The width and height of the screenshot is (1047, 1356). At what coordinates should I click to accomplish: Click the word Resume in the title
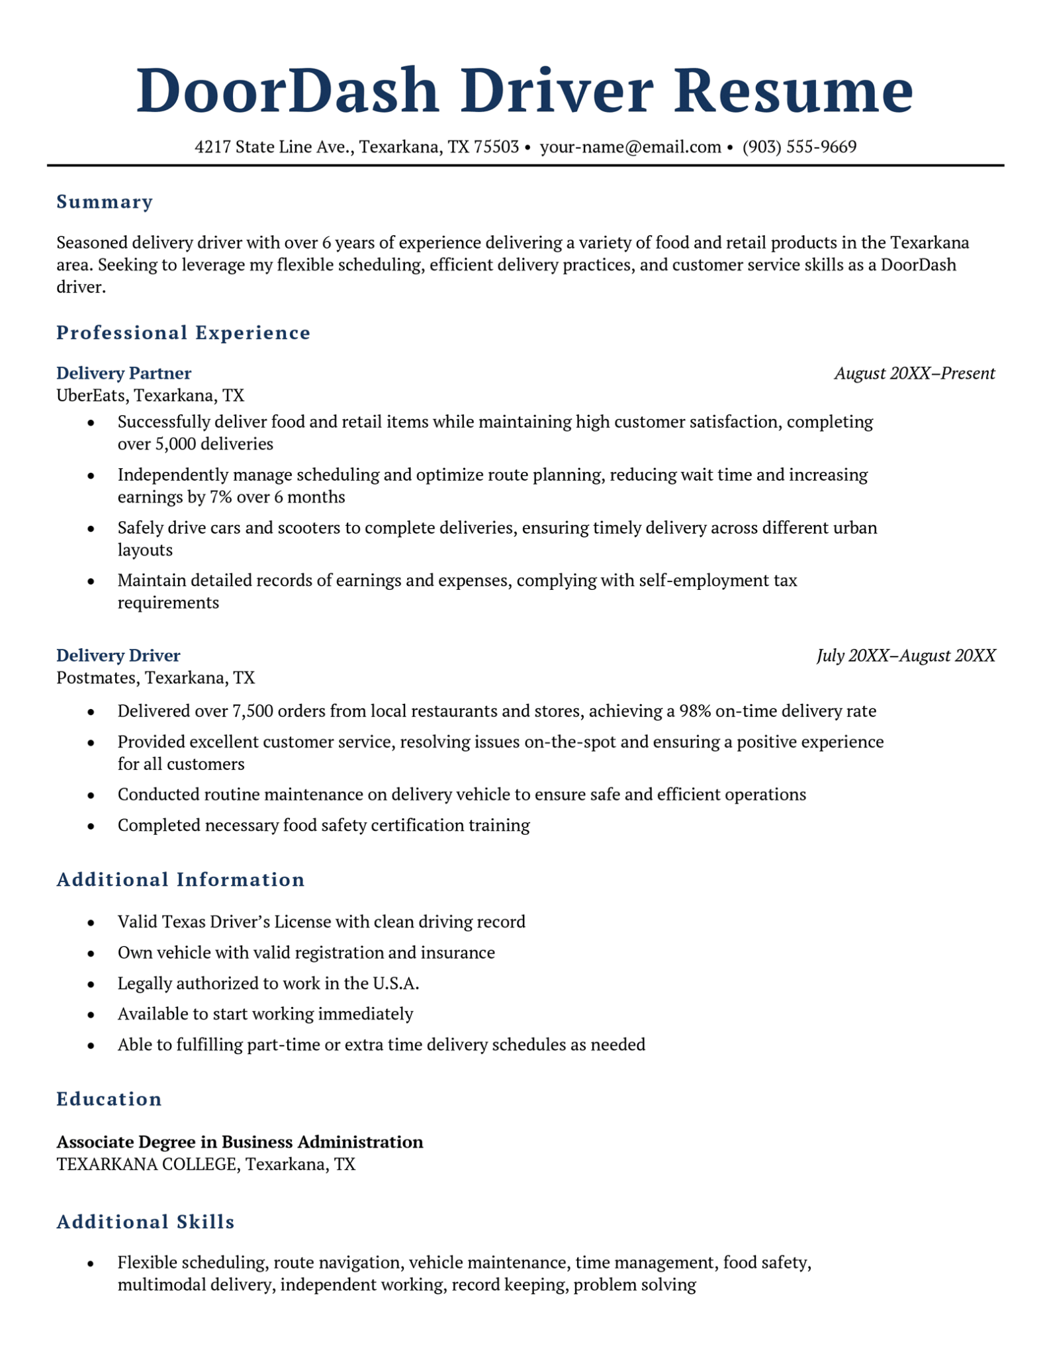[x=793, y=91]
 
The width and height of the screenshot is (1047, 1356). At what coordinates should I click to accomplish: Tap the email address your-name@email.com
[x=630, y=147]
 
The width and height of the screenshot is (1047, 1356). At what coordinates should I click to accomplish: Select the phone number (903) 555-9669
[x=799, y=147]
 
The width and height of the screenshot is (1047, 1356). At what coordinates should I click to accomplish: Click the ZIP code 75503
[x=496, y=147]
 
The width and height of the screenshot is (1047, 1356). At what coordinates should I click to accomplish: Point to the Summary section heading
[x=105, y=201]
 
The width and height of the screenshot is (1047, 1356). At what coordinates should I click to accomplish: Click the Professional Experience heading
[x=183, y=332]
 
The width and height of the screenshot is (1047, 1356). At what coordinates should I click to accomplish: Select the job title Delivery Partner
[x=124, y=373]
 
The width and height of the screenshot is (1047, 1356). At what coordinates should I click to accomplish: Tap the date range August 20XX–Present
[x=914, y=373]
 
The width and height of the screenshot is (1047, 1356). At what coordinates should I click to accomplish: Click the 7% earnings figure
[x=220, y=497]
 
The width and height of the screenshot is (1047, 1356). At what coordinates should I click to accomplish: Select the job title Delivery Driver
[x=118, y=655]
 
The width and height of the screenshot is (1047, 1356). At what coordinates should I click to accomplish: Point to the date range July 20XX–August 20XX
[x=905, y=655]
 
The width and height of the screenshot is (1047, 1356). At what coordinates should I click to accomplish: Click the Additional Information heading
[x=181, y=879]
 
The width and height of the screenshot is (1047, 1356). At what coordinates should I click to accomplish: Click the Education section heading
[x=109, y=1099]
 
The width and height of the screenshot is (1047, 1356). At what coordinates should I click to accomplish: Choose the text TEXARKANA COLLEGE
[x=146, y=1164]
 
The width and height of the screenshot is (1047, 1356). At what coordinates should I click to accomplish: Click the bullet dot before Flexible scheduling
[x=91, y=1263]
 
